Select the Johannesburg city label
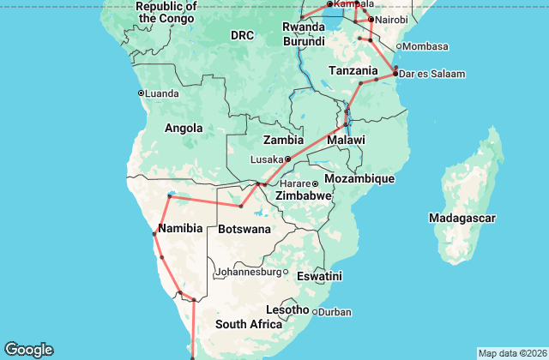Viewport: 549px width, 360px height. [x=248, y=272]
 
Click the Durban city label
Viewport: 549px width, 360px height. [x=334, y=311]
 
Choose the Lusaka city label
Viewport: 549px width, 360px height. [x=266, y=159]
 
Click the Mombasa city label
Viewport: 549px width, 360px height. [x=425, y=45]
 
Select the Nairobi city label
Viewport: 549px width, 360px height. [x=392, y=20]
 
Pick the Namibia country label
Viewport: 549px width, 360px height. [x=181, y=228]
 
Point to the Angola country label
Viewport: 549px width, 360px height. [x=184, y=129]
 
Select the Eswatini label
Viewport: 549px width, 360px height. [x=318, y=277]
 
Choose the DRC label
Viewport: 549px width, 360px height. [x=242, y=35]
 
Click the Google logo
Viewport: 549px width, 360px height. [x=28, y=350]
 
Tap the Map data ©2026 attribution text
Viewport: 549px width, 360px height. [x=511, y=353]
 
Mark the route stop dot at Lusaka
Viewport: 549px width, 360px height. [x=288, y=159]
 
